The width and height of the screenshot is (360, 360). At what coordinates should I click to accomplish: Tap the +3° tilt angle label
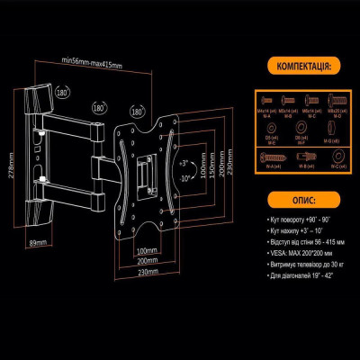pos(183,165)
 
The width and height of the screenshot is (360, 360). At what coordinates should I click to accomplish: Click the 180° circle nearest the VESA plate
pos(138,110)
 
